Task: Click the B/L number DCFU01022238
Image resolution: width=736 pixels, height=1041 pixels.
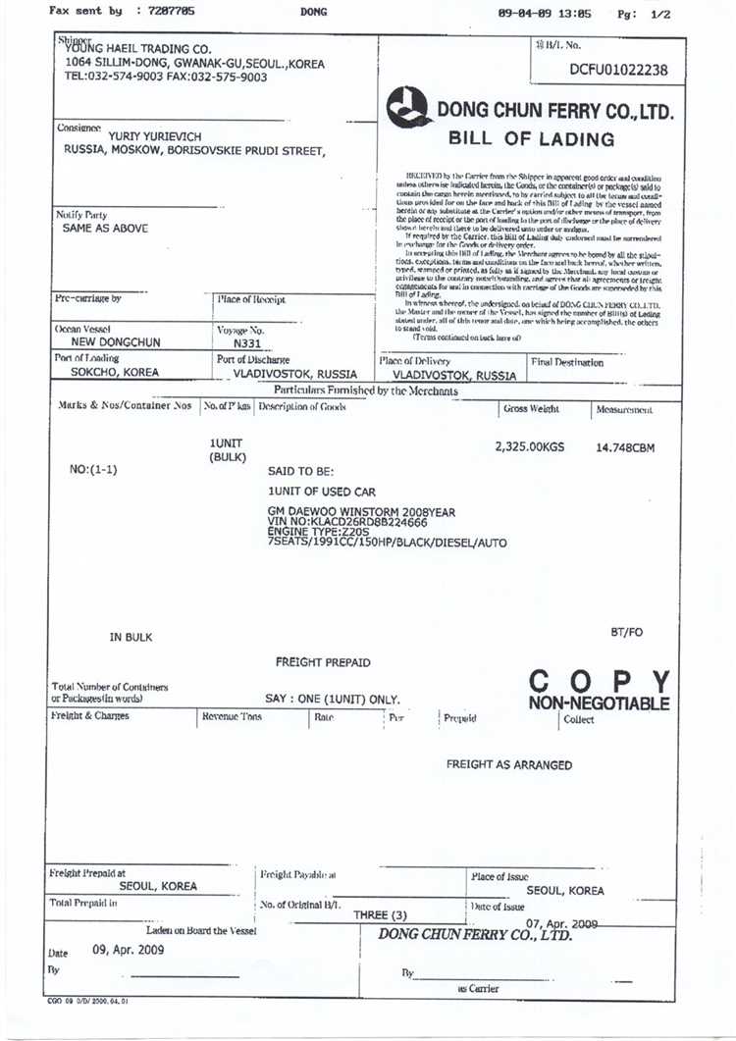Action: (x=618, y=70)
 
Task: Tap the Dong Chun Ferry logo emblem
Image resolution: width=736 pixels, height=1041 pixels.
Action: (x=408, y=107)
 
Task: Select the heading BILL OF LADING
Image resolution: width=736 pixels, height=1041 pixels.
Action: (x=531, y=138)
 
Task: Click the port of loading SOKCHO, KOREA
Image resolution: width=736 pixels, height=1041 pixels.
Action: (x=115, y=373)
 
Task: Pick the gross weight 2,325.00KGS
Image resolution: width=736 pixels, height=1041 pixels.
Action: (x=530, y=446)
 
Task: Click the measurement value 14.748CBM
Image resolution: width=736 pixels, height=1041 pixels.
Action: (x=625, y=447)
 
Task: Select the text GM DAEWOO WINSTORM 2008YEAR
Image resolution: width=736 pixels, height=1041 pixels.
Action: (x=361, y=512)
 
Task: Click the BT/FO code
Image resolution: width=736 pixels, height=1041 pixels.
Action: (x=626, y=632)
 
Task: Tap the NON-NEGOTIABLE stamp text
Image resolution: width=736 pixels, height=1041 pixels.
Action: (x=599, y=703)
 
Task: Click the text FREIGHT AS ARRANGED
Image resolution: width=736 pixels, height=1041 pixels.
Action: (x=508, y=764)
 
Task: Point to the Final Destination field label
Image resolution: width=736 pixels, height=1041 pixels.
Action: (x=567, y=362)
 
